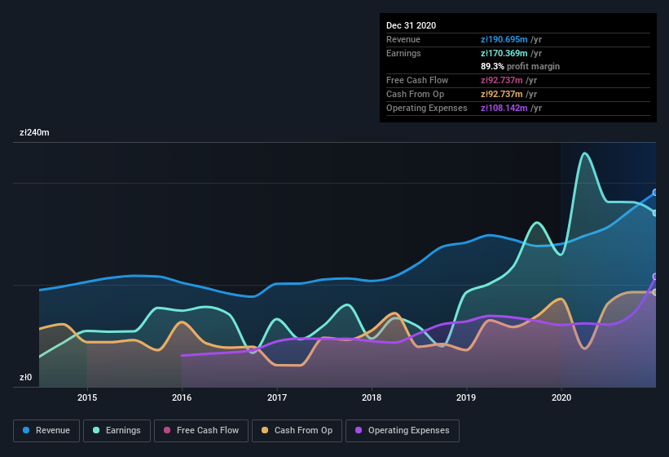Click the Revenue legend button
pyautogui.click(x=47, y=430)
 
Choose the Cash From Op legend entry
pyautogui.click(x=296, y=430)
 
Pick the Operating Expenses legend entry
pyautogui.click(x=403, y=430)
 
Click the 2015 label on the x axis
pyautogui.click(x=87, y=397)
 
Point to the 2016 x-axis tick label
pyautogui.click(x=182, y=397)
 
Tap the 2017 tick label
pyautogui.click(x=277, y=397)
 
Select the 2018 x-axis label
pyautogui.click(x=372, y=397)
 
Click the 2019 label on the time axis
pyautogui.click(x=466, y=397)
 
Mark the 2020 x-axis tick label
pyautogui.click(x=561, y=397)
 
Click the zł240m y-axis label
pyautogui.click(x=34, y=132)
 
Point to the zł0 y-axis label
pyautogui.click(x=25, y=378)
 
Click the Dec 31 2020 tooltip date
pyautogui.click(x=411, y=25)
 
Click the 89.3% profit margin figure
pyautogui.click(x=492, y=66)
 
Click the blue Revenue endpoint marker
pyautogui.click(x=655, y=193)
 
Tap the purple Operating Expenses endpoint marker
pyautogui.click(x=655, y=277)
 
